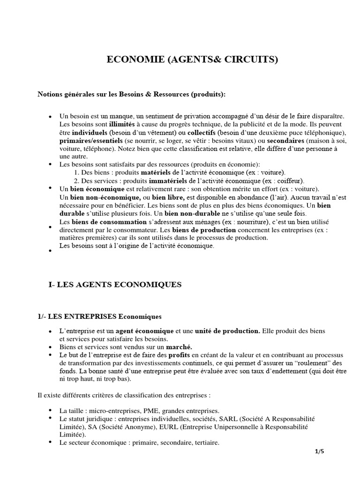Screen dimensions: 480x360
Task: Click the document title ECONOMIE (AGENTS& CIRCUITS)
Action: click(193, 60)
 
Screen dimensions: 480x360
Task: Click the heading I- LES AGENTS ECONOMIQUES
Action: click(112, 284)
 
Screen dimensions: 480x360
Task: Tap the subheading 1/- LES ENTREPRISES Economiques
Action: click(99, 316)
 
